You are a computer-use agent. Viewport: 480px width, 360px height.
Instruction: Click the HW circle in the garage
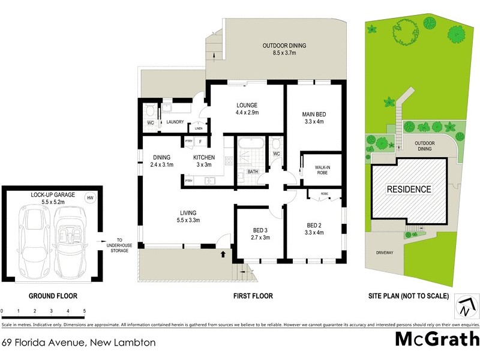pyautogui.click(x=90, y=198)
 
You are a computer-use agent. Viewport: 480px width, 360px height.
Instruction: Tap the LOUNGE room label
pyautogui.click(x=247, y=109)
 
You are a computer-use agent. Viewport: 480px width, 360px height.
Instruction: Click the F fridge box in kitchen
pyautogui.click(x=200, y=142)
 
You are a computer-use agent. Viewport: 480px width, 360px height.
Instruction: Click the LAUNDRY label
pyautogui.click(x=175, y=122)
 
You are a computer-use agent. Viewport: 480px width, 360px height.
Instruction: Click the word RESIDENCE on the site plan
pyautogui.click(x=409, y=190)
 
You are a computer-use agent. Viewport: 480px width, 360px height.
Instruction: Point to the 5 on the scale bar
pyautogui.click(x=85, y=311)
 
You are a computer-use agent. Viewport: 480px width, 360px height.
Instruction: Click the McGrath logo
pyautogui.click(x=436, y=339)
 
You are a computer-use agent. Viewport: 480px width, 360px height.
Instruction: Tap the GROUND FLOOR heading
pyautogui.click(x=53, y=296)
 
